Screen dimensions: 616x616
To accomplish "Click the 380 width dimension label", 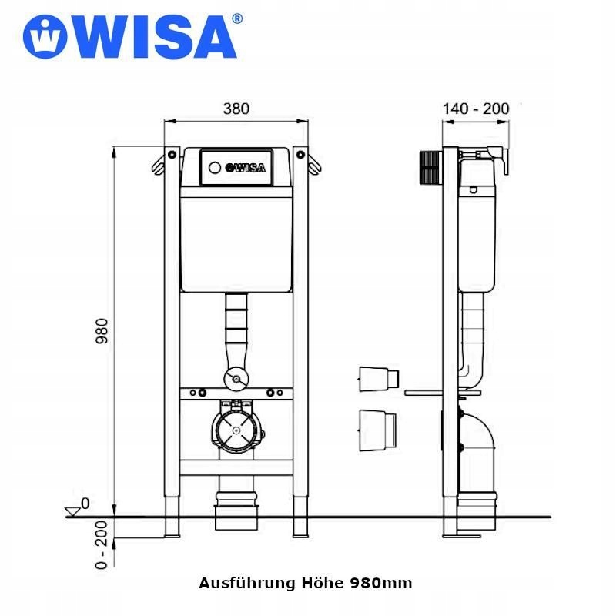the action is [x=236, y=109].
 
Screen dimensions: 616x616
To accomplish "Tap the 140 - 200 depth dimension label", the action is [x=476, y=109].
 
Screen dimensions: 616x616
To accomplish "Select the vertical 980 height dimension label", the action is [x=102, y=331].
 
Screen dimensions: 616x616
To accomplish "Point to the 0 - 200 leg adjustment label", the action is [x=102, y=545].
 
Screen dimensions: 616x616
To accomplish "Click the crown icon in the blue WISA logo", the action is [x=45, y=36].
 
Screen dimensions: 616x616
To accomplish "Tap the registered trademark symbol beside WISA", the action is [x=237, y=18].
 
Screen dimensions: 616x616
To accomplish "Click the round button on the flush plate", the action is [x=215, y=168].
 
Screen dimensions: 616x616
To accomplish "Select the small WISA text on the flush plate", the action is [x=245, y=168].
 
